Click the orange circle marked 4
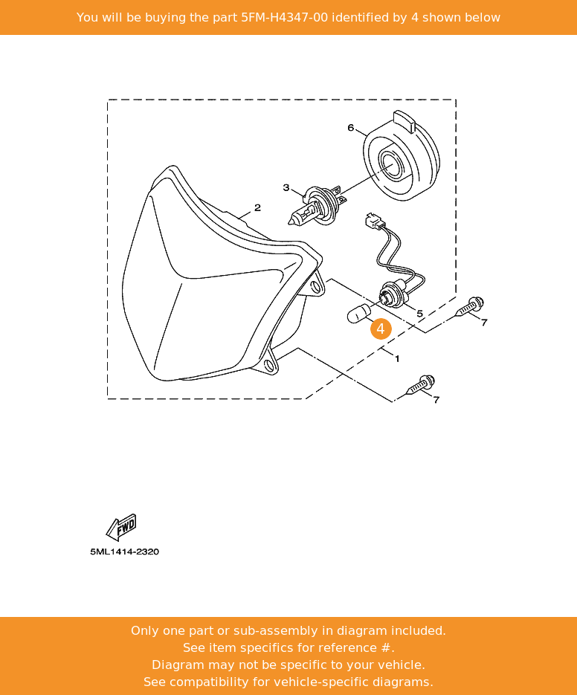(x=381, y=329)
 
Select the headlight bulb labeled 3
(x=317, y=206)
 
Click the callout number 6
(x=350, y=128)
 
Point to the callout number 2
(x=257, y=207)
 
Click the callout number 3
(x=286, y=187)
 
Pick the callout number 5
(x=419, y=314)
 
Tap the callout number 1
(x=397, y=358)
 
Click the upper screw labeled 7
(x=470, y=306)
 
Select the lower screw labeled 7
(x=420, y=385)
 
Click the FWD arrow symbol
(x=121, y=527)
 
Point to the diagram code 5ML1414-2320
(x=125, y=552)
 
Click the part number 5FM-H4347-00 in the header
(x=284, y=17)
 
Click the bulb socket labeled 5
(x=392, y=295)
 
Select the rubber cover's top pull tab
(x=404, y=121)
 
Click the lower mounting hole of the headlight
(x=268, y=365)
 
